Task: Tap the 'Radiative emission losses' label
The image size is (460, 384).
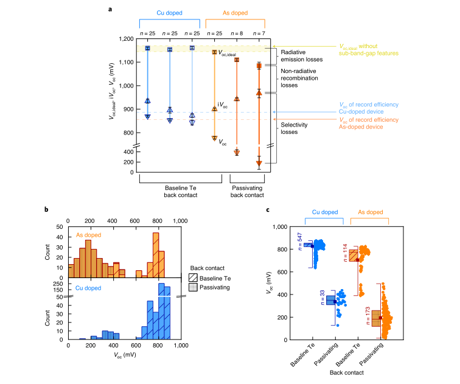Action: pos(299,56)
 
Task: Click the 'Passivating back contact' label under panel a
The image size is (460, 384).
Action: pos(248,192)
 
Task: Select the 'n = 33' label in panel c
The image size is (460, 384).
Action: pos(322,299)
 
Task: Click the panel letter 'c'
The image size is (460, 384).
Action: pos(269,210)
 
